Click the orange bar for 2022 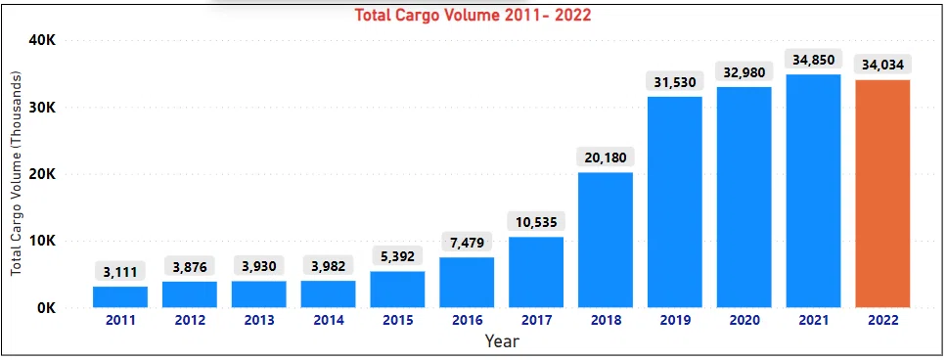[882, 194]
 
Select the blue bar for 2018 [606, 241]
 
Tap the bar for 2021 [813, 191]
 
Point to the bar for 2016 [467, 283]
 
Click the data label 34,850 [813, 60]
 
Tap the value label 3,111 [119, 272]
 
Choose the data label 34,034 [882, 65]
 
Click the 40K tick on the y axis [42, 40]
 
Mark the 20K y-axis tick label [42, 174]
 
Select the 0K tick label [46, 308]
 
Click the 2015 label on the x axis [397, 321]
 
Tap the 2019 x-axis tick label [675, 321]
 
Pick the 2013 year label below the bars [258, 321]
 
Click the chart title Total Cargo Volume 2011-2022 [473, 15]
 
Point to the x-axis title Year [502, 341]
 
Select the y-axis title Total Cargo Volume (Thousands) [16, 174]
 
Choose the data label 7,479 [467, 242]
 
